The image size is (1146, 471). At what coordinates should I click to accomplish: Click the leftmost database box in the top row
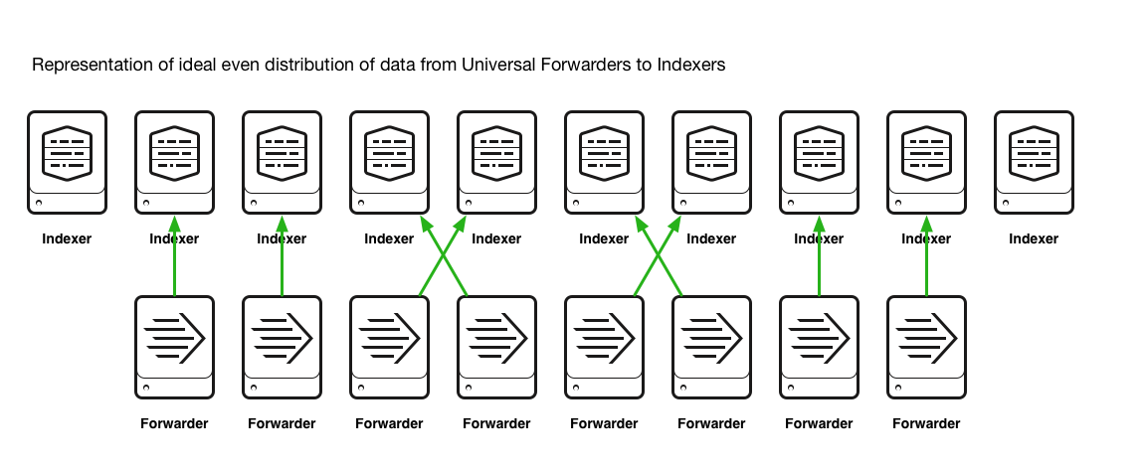(67, 162)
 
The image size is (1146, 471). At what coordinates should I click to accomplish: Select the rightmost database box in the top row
(1034, 162)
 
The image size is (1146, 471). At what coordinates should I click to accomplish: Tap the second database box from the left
(174, 162)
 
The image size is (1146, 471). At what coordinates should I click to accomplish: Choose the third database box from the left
(282, 162)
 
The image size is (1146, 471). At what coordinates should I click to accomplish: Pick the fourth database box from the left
(389, 162)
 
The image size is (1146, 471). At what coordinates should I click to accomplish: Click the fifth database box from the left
(496, 162)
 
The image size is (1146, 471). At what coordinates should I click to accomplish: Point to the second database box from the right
(926, 162)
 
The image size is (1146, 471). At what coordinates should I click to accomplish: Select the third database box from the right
(819, 162)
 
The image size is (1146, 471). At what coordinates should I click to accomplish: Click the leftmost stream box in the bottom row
(174, 347)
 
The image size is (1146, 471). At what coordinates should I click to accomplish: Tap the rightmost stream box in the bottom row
(926, 347)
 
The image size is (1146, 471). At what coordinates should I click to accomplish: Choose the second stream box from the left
(282, 347)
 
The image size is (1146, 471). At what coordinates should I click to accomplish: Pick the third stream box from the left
(389, 347)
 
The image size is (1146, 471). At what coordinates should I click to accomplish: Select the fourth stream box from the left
(496, 347)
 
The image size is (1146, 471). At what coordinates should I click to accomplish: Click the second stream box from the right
(819, 347)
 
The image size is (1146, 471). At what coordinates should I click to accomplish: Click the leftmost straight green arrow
(174, 258)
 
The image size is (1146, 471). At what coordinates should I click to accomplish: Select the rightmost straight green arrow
(926, 258)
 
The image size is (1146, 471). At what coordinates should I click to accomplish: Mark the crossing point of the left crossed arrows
(443, 255)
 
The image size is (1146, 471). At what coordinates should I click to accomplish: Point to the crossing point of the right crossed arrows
(658, 255)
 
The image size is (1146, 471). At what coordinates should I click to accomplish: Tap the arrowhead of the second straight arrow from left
(282, 225)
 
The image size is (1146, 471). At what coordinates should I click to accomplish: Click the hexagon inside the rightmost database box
(1034, 153)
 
